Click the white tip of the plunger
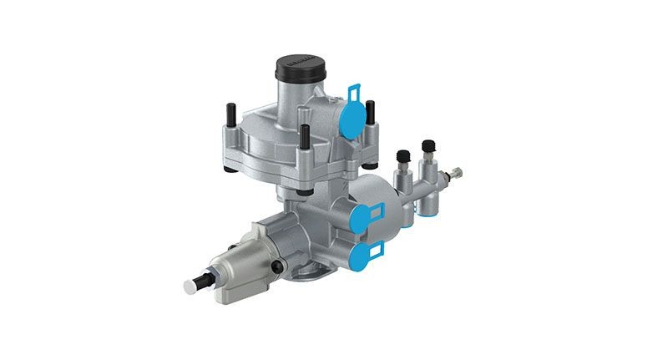[x=190, y=286]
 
